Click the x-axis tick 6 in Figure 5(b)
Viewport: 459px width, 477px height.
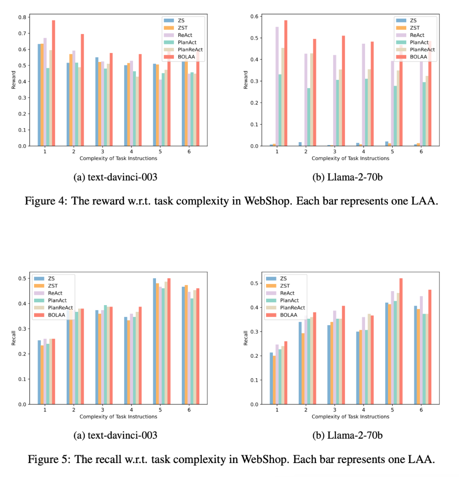421,410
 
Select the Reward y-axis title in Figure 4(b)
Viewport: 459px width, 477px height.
245,81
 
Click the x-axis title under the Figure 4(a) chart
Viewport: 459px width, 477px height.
118,158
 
